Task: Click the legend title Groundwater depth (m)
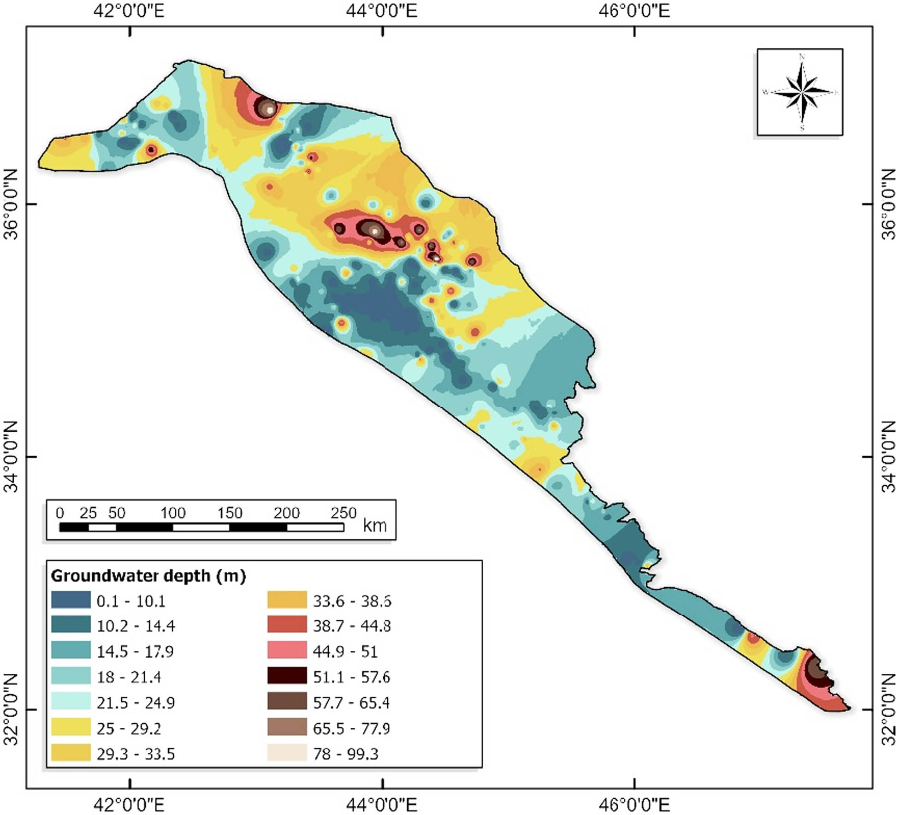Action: point(148,576)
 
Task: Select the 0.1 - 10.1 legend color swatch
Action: point(71,600)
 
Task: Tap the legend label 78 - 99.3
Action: point(345,754)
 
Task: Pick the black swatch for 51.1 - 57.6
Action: point(287,676)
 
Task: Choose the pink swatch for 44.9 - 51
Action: point(287,650)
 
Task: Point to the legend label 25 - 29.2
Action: point(129,728)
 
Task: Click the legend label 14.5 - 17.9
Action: point(135,651)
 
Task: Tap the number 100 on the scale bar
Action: point(173,513)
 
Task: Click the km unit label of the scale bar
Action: point(374,525)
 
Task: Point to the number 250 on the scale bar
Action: point(343,513)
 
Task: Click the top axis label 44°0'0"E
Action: point(382,10)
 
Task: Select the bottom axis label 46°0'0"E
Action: point(634,805)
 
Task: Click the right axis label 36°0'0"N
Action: point(888,204)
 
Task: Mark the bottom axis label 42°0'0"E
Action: point(129,805)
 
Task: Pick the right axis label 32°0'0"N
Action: point(888,710)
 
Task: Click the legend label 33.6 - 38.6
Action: point(352,601)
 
